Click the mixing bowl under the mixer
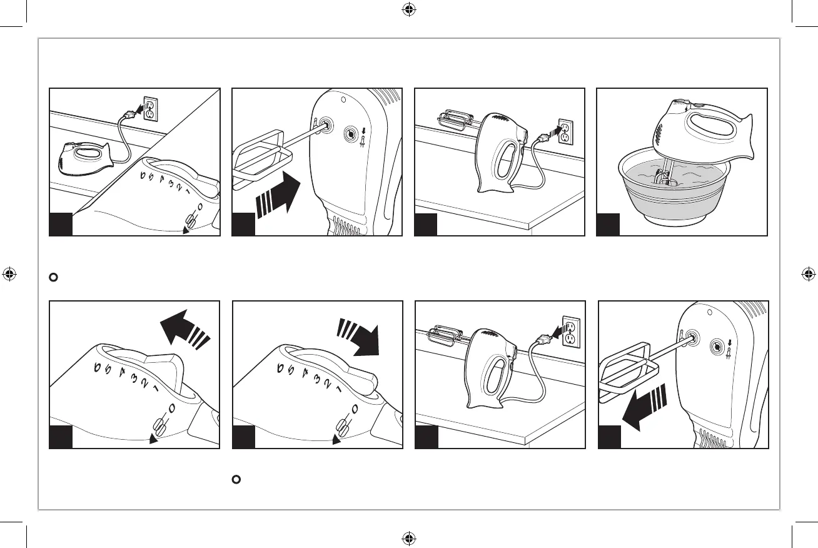pos(682,197)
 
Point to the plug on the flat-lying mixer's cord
pos(128,114)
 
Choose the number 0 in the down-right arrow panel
pos(354,410)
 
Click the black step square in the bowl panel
pos(608,225)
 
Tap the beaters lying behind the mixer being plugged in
pos(452,119)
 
